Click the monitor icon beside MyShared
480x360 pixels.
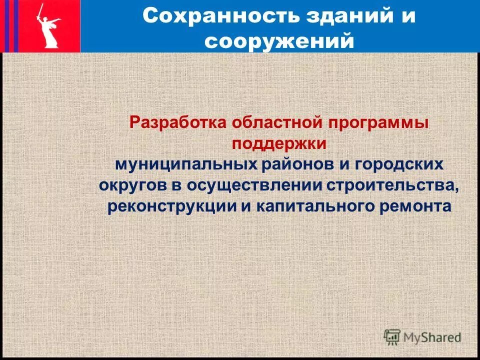coord(392,336)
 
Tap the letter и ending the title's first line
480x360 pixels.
coord(408,16)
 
